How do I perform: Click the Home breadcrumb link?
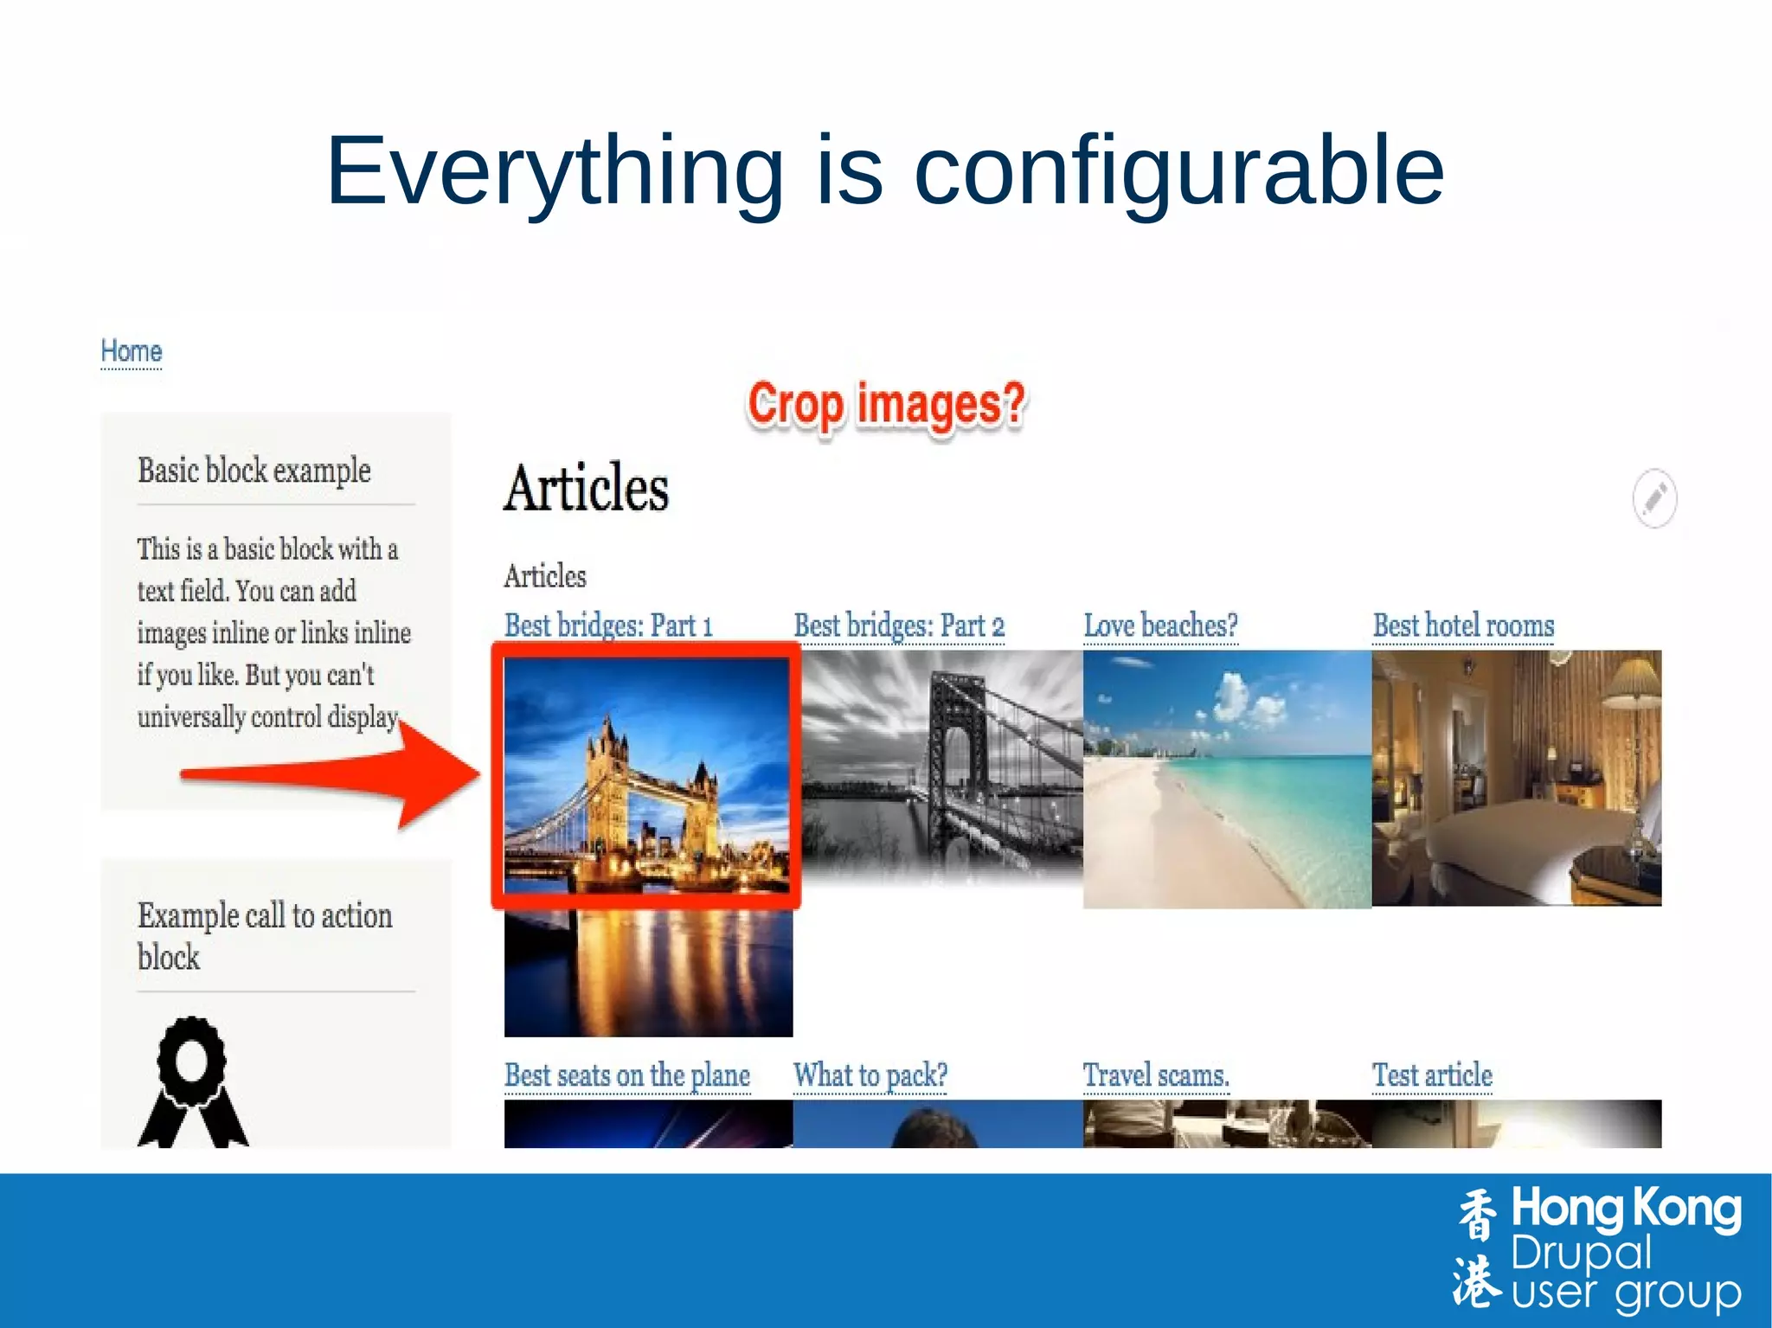click(x=131, y=351)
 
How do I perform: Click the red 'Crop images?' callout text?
click(x=886, y=405)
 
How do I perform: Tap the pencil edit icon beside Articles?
click(x=1654, y=498)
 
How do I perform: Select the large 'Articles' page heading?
click(x=586, y=489)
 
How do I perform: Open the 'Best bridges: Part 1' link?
click(x=608, y=626)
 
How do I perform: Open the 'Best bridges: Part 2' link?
click(x=899, y=626)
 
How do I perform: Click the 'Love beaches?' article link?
click(x=1160, y=626)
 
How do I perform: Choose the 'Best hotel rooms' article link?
click(x=1463, y=626)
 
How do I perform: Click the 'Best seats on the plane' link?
click(x=627, y=1075)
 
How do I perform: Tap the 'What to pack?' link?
click(x=870, y=1075)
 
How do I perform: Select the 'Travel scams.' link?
click(x=1156, y=1075)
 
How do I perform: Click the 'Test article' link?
click(x=1432, y=1075)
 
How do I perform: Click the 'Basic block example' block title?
click(x=254, y=472)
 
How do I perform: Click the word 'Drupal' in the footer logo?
click(x=1581, y=1253)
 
